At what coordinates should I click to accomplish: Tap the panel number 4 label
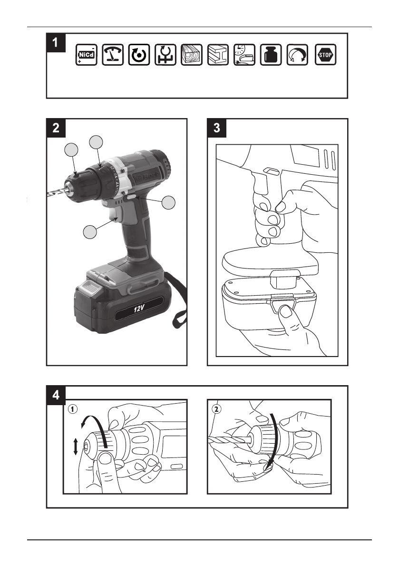56,395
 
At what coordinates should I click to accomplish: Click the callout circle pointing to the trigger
91,232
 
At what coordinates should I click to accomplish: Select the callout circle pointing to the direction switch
169,203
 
